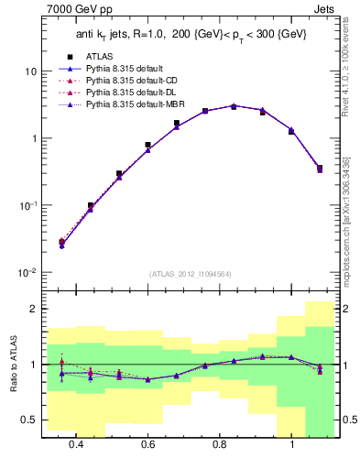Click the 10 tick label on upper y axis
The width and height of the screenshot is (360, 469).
click(x=31, y=71)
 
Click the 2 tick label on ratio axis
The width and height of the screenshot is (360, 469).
click(x=34, y=309)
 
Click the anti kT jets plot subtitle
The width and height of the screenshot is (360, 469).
click(x=190, y=34)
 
